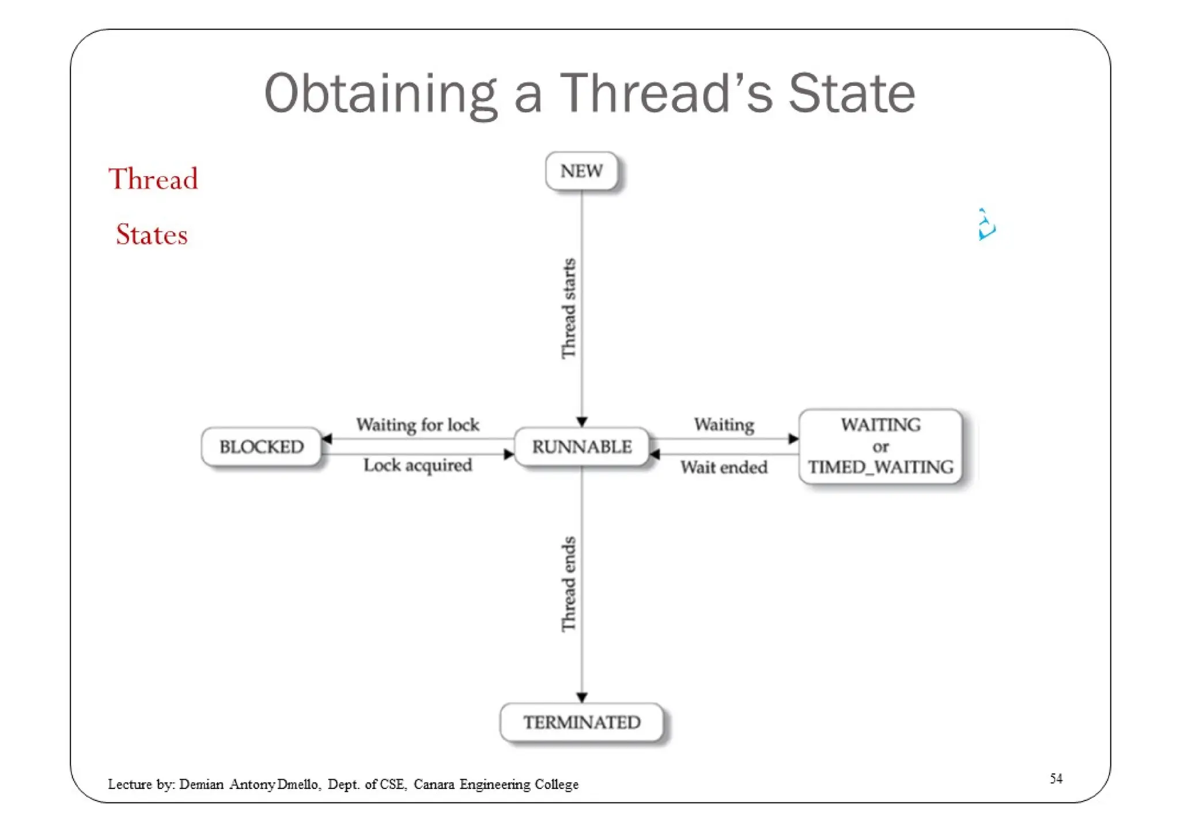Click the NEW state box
point(581,171)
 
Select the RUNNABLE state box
point(581,447)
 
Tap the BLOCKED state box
point(261,447)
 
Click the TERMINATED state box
point(581,722)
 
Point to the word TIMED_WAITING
point(880,467)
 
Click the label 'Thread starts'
point(569,308)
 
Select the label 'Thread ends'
point(569,584)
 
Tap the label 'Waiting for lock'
point(417,425)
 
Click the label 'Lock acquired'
point(417,465)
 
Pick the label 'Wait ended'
point(724,467)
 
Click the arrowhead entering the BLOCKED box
point(327,439)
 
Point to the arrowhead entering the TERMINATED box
point(582,697)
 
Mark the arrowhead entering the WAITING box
point(793,439)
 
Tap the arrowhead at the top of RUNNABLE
point(582,422)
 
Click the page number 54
point(1056,779)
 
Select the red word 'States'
point(152,235)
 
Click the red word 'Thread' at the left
point(153,179)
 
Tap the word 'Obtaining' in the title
point(380,93)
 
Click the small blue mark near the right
point(986,225)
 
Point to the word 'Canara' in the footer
point(433,784)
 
